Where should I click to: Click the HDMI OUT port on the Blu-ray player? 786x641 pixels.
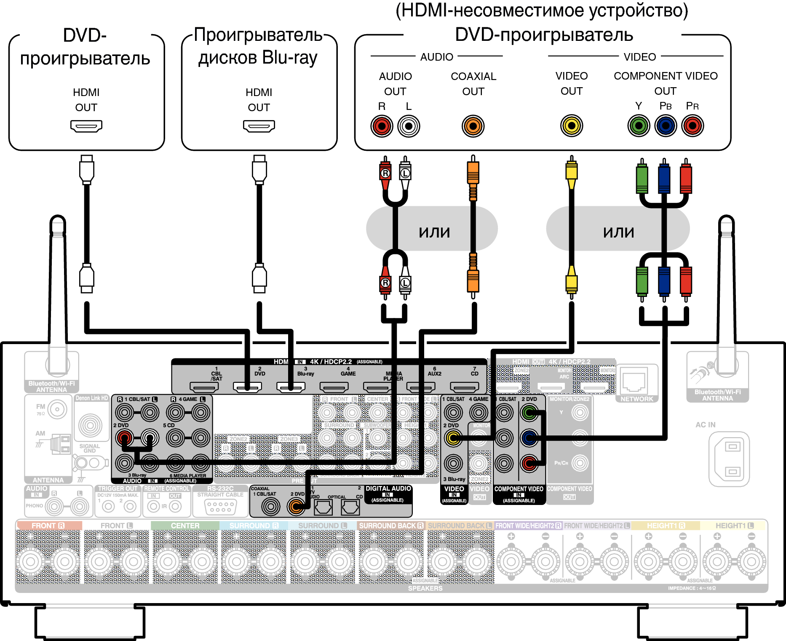coord(259,126)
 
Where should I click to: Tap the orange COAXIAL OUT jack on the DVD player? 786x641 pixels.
coord(473,126)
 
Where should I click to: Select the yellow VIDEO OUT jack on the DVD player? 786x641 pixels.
coord(571,126)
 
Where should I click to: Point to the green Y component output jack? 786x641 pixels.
coord(639,126)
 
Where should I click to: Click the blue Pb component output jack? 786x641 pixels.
coord(666,126)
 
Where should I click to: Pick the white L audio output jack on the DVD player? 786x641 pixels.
coord(409,126)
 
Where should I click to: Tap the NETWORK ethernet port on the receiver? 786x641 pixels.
coord(634,381)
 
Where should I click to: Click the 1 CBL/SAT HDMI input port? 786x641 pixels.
coord(204,386)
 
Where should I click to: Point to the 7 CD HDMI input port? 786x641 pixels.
coord(464,386)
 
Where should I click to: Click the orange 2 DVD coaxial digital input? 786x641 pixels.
coord(296,506)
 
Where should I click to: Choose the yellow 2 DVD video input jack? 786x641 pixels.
coord(453,438)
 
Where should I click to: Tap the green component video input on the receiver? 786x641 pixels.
coord(529,413)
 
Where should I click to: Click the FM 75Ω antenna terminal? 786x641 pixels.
coord(57,409)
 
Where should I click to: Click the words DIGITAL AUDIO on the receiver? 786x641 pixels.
coord(388,489)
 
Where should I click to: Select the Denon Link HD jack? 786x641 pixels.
coord(90,425)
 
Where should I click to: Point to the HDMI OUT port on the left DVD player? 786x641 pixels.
coord(86,126)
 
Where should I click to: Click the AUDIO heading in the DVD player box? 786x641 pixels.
coord(436,57)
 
